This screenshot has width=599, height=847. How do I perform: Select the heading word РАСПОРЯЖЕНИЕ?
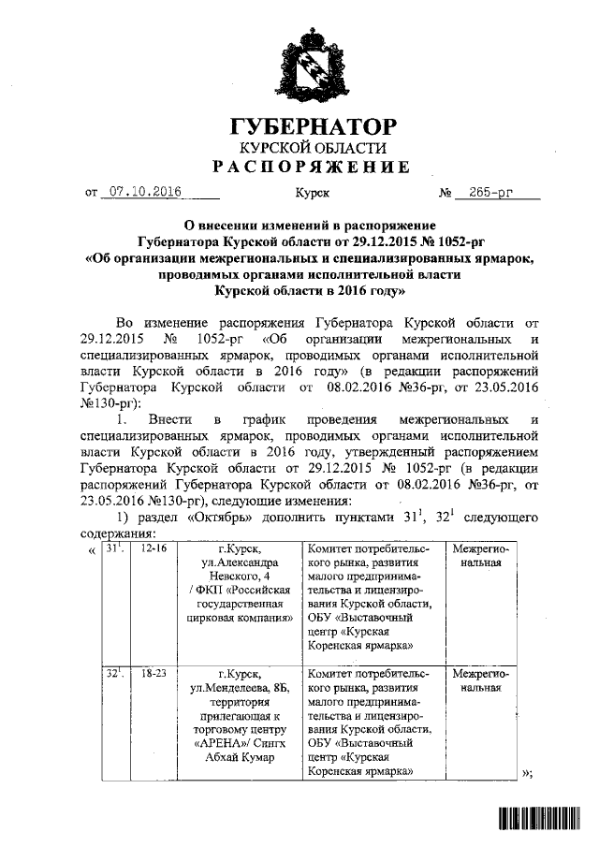311,168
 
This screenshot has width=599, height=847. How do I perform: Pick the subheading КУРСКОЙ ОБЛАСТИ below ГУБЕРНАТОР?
312,149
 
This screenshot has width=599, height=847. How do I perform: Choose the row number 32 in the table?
112,673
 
